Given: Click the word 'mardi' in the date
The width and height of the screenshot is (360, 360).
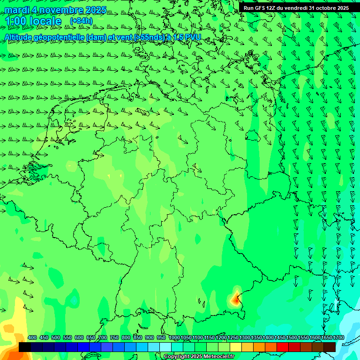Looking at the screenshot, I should point(16,10).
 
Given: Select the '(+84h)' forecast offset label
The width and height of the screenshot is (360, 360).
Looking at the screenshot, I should point(81,21).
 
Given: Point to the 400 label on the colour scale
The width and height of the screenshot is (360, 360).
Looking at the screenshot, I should point(32,338).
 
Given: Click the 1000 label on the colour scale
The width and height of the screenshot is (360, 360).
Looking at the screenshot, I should point(174,338).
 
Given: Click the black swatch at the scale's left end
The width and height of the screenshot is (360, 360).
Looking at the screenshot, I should point(25,347).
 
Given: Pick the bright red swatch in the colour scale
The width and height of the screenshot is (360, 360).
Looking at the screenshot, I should point(283,347).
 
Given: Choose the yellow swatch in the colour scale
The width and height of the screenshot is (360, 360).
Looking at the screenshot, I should point(236,347).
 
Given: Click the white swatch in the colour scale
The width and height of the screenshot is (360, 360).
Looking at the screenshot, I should point(165,347).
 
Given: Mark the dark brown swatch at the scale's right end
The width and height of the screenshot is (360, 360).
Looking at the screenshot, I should point(330,347).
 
